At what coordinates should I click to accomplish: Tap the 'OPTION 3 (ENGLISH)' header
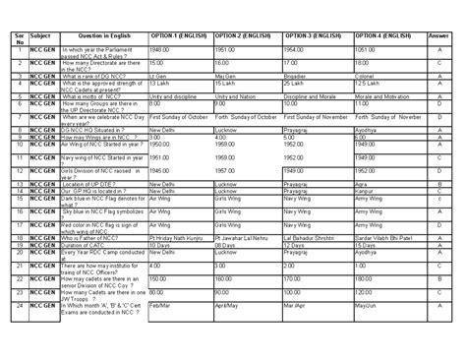click(314, 34)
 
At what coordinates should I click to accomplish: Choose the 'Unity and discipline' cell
click(174, 97)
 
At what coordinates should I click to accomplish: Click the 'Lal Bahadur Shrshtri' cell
click(312, 238)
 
